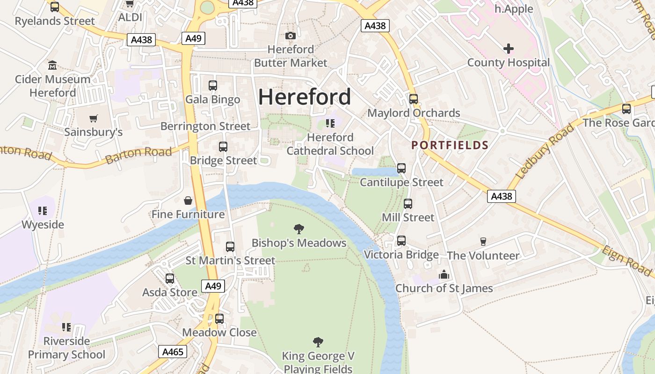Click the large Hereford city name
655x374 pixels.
tap(305, 97)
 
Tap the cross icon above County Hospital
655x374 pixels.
tap(509, 49)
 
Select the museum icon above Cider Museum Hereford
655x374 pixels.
tap(52, 65)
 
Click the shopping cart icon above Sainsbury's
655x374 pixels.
tap(94, 118)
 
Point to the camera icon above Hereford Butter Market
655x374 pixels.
tap(290, 36)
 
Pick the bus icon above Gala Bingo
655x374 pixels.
tap(213, 86)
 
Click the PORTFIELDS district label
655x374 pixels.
tap(450, 145)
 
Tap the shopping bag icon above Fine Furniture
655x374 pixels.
tap(188, 201)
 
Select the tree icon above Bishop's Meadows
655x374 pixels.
tap(299, 229)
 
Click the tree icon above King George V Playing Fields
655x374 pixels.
tap(318, 342)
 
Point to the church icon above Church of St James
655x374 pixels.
tap(444, 274)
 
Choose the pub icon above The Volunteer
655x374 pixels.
tap(483, 242)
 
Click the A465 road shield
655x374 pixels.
tap(173, 352)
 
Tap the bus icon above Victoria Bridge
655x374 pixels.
tap(401, 241)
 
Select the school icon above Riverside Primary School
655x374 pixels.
tap(66, 327)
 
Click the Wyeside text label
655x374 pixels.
tap(43, 224)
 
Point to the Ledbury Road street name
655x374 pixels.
tap(545, 151)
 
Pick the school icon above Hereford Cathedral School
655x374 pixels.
tap(330, 123)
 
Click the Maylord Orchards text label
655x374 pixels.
tap(414, 113)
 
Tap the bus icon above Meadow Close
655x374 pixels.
tap(219, 319)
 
